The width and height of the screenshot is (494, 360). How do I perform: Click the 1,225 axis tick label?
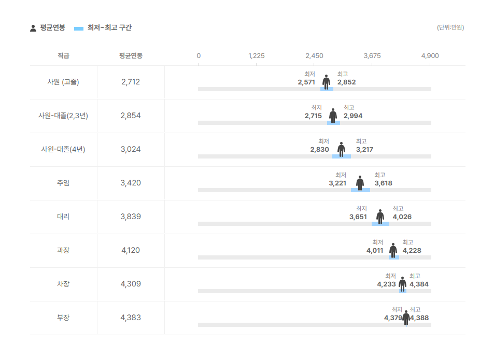[x=256, y=56]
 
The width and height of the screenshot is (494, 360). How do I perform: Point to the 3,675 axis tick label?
[x=372, y=56]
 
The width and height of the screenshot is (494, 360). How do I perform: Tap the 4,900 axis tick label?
[x=430, y=56]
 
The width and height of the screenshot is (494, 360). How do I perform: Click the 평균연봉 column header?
[x=131, y=56]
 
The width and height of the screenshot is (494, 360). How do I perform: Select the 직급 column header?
[x=63, y=56]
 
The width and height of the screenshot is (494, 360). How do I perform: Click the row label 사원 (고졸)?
[x=63, y=82]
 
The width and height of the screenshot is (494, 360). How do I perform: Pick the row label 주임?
[x=63, y=183]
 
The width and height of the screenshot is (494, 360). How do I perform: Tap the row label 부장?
[x=63, y=318]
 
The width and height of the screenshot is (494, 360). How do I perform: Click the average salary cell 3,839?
[x=131, y=217]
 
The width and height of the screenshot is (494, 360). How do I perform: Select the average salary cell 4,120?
[x=131, y=250]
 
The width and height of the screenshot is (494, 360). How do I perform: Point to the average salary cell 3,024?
[x=131, y=149]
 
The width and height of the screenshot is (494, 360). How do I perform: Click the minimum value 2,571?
[x=306, y=82]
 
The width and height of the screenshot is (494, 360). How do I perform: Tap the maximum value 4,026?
[x=402, y=217]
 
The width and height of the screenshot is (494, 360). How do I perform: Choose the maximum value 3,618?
[x=384, y=183]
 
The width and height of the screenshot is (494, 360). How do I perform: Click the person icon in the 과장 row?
[x=393, y=251]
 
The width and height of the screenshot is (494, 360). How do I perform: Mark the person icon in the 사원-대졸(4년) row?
[x=342, y=150]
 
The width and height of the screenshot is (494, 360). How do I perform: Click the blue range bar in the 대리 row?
[x=380, y=224]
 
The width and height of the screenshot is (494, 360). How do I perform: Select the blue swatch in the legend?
[x=79, y=28]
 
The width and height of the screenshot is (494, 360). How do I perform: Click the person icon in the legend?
[x=33, y=28]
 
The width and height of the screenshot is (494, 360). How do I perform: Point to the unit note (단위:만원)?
[x=450, y=27]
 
